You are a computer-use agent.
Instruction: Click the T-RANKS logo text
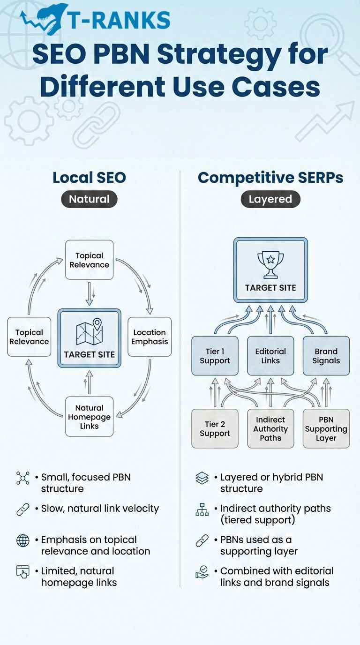118,20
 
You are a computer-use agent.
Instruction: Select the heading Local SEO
89,178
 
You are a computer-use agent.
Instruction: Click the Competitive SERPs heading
270,178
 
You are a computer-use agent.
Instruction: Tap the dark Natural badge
89,199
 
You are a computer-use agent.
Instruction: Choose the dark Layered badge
270,199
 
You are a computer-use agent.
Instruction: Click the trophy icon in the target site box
270,265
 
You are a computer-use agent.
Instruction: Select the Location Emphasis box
150,337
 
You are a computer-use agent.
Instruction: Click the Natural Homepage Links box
89,417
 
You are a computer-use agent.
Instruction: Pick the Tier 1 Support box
215,356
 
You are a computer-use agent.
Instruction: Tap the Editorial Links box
270,356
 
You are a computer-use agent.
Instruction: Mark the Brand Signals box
326,356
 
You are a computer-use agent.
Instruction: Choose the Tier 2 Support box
215,428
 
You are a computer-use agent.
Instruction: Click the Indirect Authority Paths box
270,428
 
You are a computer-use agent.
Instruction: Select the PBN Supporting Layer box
326,428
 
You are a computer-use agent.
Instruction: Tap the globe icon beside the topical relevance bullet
22,540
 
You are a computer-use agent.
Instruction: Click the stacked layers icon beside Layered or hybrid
202,478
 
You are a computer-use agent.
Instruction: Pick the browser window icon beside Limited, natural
22,572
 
